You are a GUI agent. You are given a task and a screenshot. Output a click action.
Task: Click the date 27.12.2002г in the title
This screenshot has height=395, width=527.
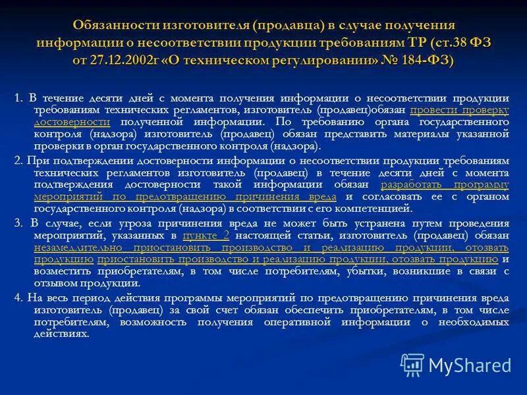tap(122, 59)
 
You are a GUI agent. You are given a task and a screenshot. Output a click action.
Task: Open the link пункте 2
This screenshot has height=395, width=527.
tap(206, 235)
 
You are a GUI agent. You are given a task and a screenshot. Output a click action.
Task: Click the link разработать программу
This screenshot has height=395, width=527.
tap(445, 185)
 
